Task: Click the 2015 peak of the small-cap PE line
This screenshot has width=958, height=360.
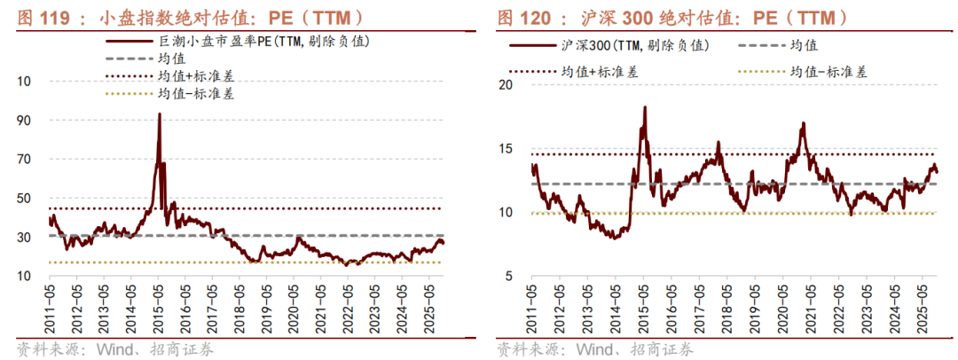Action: tap(160, 114)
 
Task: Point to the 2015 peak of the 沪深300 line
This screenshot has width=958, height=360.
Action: tap(644, 107)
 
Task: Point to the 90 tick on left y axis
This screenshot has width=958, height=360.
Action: tap(24, 120)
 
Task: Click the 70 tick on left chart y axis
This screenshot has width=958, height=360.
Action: tap(24, 159)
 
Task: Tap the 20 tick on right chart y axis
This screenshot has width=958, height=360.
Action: tap(506, 85)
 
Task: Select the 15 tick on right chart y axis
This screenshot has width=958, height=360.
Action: tap(506, 149)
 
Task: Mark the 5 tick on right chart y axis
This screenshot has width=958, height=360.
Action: tap(509, 277)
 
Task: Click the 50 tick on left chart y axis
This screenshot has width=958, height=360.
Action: tap(24, 198)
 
